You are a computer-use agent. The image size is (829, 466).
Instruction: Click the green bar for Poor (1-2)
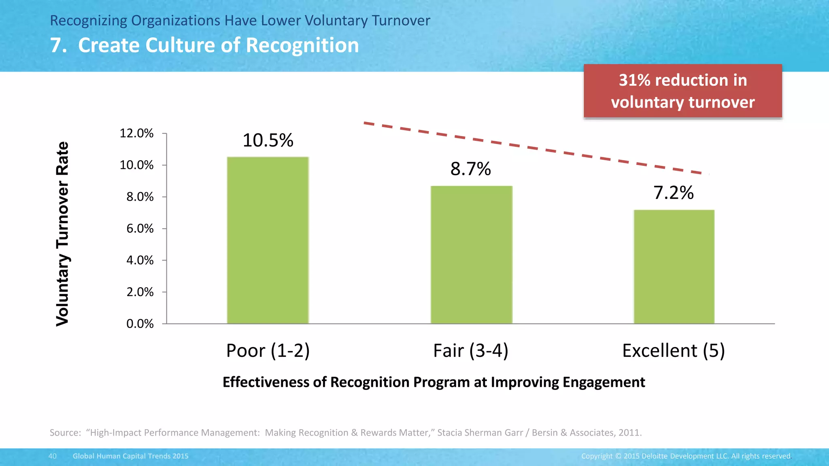pos(268,240)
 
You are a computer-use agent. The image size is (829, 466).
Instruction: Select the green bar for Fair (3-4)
pos(471,255)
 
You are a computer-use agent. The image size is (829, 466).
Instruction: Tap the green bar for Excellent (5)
pos(674,267)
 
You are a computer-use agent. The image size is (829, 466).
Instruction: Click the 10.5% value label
pos(268,140)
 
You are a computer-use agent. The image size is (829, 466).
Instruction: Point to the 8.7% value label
pos(470,169)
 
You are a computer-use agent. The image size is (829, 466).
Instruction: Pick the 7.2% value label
pos(674,193)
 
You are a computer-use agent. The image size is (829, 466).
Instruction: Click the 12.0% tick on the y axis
pos(137,133)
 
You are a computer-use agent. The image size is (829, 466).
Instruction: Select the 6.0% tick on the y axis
pos(140,229)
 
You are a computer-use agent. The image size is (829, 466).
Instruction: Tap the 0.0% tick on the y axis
pos(140,324)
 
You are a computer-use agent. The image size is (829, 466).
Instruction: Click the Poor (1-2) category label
pos(268,350)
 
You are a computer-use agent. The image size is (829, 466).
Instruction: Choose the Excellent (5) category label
pos(673,350)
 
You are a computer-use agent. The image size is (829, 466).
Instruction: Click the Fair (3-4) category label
pos(470,350)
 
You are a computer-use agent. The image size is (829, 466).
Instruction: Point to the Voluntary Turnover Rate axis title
pos(62,234)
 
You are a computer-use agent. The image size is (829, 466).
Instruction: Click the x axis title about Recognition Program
pos(434,382)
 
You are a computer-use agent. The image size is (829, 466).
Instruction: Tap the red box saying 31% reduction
pos(682,91)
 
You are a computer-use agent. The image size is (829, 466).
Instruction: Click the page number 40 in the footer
pos(53,456)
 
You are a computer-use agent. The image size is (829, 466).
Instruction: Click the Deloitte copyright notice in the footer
pos(686,456)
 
